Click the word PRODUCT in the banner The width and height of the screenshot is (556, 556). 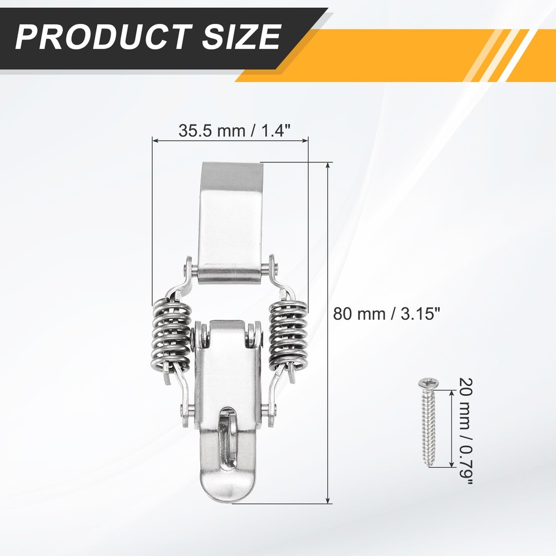(x=103, y=37)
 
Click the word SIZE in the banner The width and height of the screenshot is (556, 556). (x=242, y=37)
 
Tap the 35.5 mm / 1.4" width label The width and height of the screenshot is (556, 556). (x=235, y=131)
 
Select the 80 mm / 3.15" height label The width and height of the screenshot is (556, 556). (x=386, y=314)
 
